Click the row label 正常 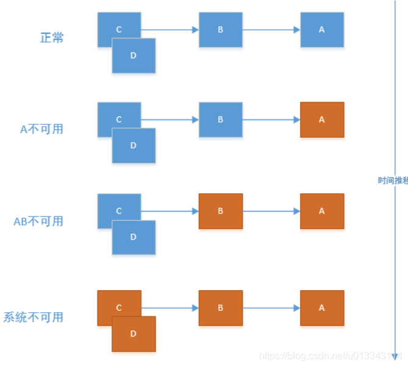coord(52,38)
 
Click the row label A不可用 coord(41,129)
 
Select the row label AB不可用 coord(38,221)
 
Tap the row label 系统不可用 coord(34,317)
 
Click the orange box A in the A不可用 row coord(322,119)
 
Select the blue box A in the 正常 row coord(322,29)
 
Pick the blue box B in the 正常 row coord(221,29)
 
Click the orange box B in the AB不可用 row coord(221,211)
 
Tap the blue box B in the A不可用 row coord(221,119)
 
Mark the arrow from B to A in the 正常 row coord(271,29)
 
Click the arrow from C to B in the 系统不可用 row coord(170,308)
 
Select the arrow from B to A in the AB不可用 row coord(271,211)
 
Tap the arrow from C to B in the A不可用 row coord(170,119)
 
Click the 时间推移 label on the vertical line coord(393,180)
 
